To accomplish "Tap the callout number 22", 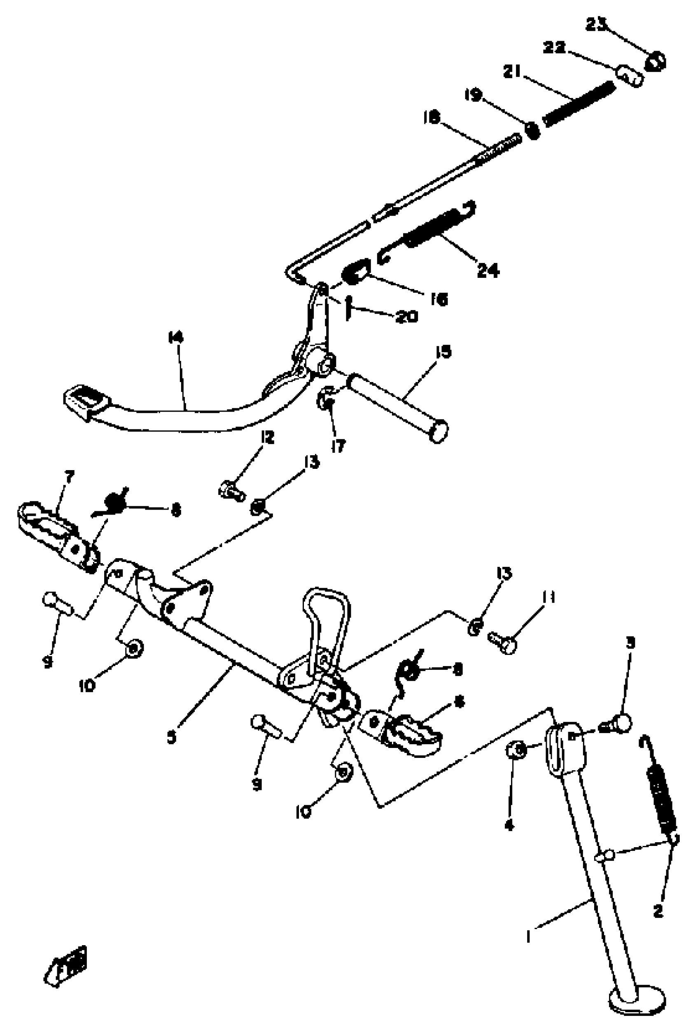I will (x=554, y=47).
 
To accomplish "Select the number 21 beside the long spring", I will (x=512, y=71).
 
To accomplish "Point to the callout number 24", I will (x=488, y=270).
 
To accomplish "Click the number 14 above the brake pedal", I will (x=175, y=338).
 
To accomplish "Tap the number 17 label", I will (x=338, y=446).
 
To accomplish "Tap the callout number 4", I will (x=509, y=825).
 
